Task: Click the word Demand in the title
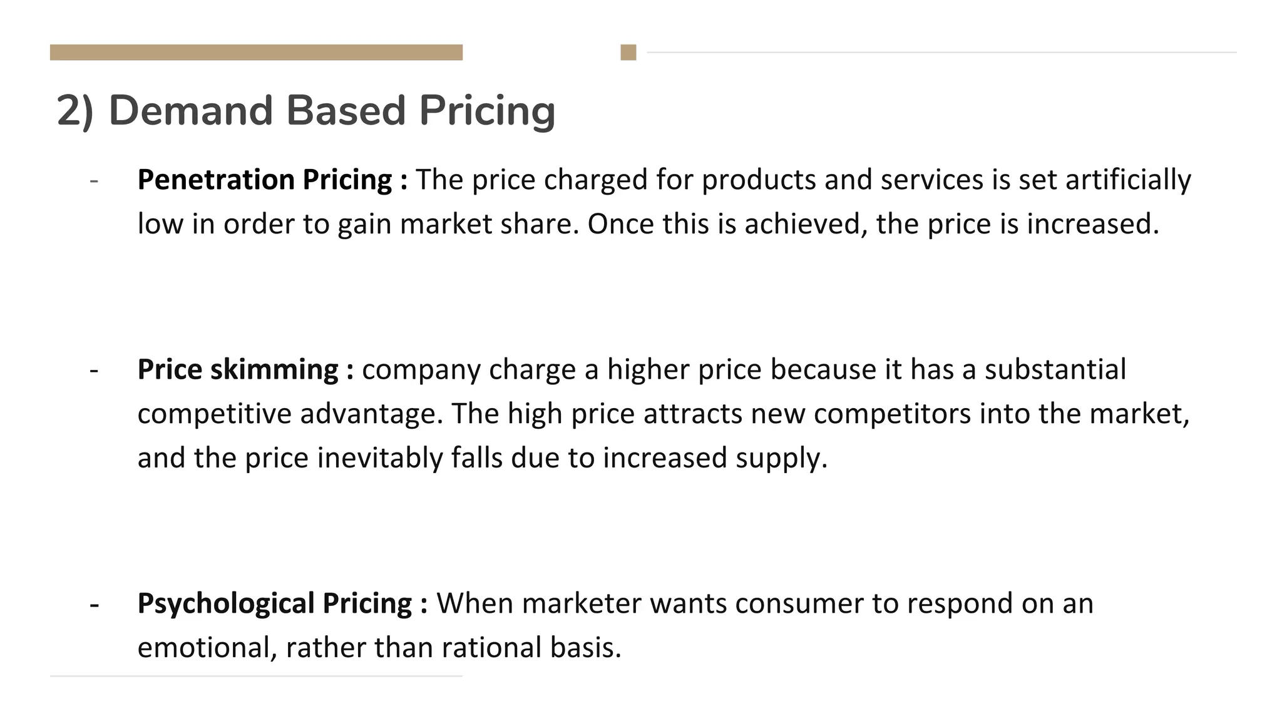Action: [x=191, y=111]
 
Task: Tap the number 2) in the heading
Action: [x=75, y=111]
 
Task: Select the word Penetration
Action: [x=216, y=180]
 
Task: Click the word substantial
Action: [x=1055, y=369]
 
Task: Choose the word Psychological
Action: [x=225, y=603]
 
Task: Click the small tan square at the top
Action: [x=628, y=53]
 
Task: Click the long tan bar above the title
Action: [x=256, y=53]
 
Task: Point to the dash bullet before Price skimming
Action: [x=94, y=371]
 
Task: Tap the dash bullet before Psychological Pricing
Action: [x=94, y=605]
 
